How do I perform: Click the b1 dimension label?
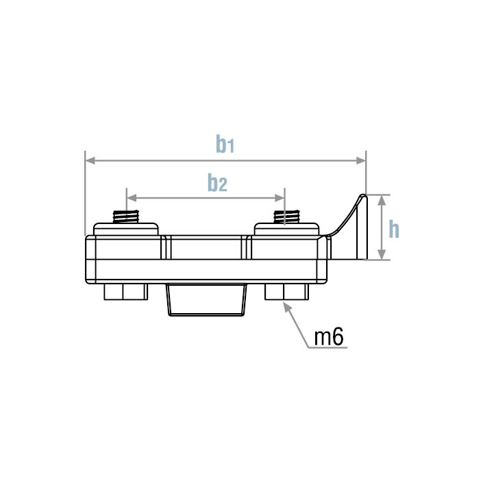coord(225,144)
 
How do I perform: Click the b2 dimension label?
coord(218,183)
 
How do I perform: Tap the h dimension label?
coord(393,229)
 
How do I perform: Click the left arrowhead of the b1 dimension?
coord(90,161)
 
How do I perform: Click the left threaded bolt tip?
coord(127,217)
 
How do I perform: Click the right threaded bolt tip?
coord(286,217)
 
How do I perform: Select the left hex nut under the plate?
coord(125,293)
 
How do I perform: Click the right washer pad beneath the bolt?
coord(286,229)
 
